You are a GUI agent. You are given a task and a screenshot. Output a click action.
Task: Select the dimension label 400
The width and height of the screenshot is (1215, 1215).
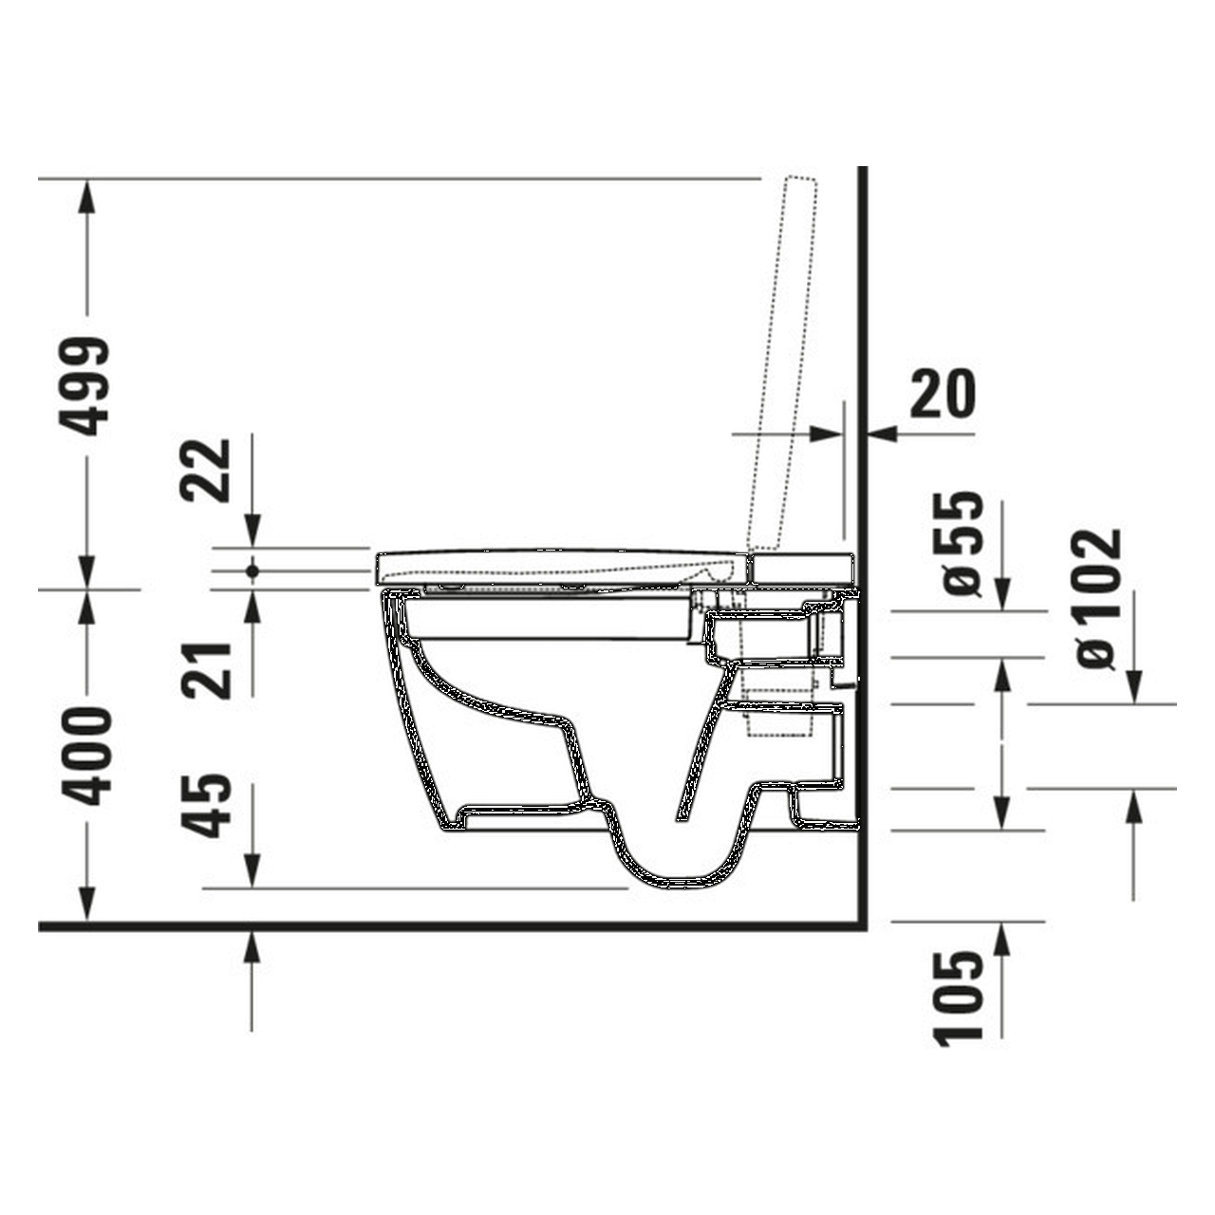pyautogui.click(x=92, y=757)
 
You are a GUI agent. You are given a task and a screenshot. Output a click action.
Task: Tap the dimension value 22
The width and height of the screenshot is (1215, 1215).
pyautogui.click(x=207, y=470)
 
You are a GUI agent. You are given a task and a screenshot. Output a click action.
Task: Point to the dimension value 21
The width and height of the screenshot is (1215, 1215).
pyautogui.click(x=207, y=670)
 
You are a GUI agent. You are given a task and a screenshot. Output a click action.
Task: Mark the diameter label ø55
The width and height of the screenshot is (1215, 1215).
pyautogui.click(x=961, y=543)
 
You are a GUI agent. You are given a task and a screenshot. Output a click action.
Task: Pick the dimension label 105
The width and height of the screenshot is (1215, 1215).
pyautogui.click(x=959, y=999)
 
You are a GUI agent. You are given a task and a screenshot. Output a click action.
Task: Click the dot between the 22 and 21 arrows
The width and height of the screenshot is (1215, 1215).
pyautogui.click(x=252, y=571)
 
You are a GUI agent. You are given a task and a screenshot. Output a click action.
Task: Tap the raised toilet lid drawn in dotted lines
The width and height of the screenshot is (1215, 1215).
pyautogui.click(x=786, y=361)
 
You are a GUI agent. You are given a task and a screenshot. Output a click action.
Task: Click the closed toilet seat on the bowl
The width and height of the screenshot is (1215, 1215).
pyautogui.click(x=560, y=567)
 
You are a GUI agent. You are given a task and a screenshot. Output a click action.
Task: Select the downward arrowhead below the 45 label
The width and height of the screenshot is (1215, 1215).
pyautogui.click(x=252, y=873)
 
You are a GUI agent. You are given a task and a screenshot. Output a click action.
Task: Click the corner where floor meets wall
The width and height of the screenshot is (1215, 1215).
pyautogui.click(x=862, y=925)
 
